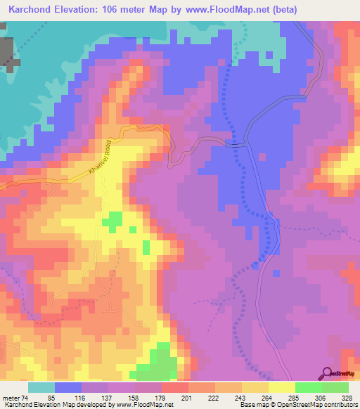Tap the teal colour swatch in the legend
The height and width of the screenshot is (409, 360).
pos(41,388)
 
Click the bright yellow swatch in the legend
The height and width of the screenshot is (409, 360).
pos(281,388)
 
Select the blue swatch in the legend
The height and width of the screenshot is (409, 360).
pos(67,388)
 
